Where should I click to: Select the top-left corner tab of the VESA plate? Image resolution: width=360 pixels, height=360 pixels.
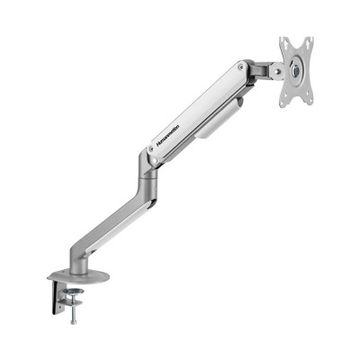click(284, 41)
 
